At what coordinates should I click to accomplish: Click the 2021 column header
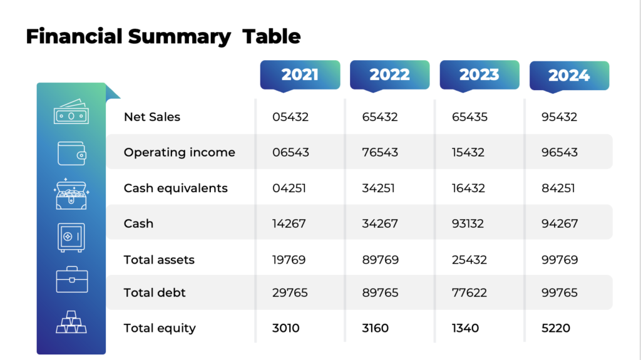pos(300,75)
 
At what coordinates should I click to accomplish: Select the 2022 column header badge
pos(389,75)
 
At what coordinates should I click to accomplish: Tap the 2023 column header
pos(479,75)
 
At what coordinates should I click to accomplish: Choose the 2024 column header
pos(569,75)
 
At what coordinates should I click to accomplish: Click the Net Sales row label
pos(152,116)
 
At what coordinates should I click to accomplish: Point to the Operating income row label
pos(180,152)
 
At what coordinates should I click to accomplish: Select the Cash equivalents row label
pos(176,188)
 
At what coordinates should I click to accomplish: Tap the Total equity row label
pos(160,328)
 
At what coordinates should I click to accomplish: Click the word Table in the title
pos(272,36)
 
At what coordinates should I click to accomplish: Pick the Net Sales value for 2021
pos(290,116)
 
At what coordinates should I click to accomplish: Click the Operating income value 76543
pos(380,152)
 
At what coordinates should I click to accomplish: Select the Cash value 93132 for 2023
pos(468,224)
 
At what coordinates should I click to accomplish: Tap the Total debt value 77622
pos(469,292)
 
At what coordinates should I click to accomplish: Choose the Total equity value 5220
pos(556,328)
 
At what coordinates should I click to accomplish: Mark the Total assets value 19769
pos(289,259)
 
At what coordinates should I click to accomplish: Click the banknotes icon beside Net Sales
pos(71,114)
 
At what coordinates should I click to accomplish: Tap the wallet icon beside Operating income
pos(71,153)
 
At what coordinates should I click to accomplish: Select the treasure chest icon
pos(71,195)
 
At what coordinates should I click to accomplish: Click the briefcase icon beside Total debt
pos(71,280)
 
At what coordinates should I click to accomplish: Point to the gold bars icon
pos(71,322)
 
